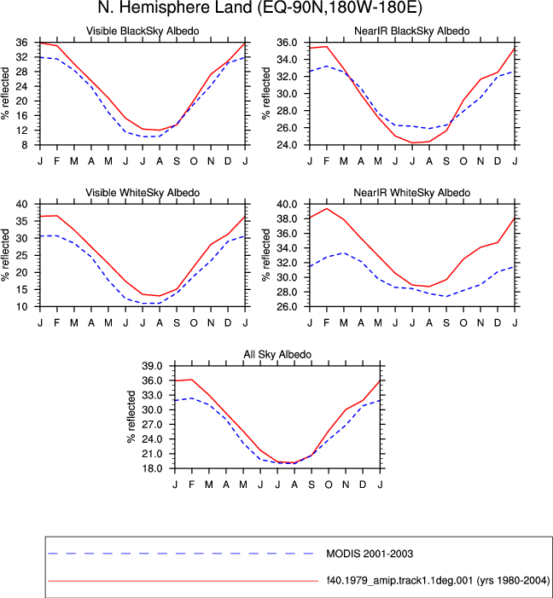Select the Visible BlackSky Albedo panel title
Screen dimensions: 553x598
coord(143,31)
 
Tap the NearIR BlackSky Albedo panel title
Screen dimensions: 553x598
coord(412,31)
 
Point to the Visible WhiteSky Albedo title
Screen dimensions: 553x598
coord(143,193)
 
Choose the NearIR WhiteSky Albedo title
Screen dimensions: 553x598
coord(412,193)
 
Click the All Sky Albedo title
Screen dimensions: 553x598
coord(277,354)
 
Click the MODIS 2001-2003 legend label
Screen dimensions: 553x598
coord(370,554)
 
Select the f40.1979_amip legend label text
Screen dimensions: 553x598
coord(438,581)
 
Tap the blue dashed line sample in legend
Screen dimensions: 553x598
coord(181,554)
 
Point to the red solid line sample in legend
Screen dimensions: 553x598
coord(183,581)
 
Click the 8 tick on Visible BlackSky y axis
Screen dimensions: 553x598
coord(25,145)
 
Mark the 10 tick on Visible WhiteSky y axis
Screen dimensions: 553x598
coord(22,307)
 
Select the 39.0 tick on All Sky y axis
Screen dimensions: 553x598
coord(152,366)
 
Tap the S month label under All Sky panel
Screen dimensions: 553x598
coord(311,485)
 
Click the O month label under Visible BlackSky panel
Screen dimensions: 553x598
coord(194,161)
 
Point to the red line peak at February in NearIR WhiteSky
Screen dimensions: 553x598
coord(327,209)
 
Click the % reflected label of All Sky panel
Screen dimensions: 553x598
coord(131,416)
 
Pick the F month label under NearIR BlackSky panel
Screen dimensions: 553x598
coord(326,161)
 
